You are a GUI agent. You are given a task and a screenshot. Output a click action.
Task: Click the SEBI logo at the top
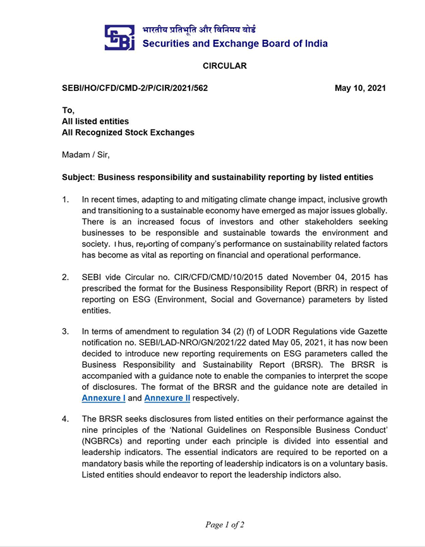119,38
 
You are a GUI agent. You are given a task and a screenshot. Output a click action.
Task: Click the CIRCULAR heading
224,66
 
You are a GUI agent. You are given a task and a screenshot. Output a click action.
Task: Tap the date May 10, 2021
360,88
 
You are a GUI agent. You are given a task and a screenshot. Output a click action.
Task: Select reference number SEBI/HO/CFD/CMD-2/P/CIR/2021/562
135,88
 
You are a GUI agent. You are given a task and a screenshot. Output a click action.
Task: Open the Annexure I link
104,399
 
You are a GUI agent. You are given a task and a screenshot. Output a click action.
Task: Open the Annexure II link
167,399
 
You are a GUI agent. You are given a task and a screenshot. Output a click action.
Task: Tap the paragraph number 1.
65,200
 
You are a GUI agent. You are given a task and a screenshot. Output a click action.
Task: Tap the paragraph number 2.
65,277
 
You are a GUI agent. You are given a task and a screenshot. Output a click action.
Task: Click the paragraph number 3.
65,331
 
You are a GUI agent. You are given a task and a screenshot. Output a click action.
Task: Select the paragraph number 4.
65,419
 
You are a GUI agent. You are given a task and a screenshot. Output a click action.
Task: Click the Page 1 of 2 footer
224,524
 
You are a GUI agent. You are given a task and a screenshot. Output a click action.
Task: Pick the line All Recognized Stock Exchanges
128,132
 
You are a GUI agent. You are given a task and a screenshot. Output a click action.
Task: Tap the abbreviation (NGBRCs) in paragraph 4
107,442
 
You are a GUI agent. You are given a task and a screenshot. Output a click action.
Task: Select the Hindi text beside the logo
199,30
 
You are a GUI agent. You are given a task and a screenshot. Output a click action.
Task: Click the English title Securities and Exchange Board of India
235,44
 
